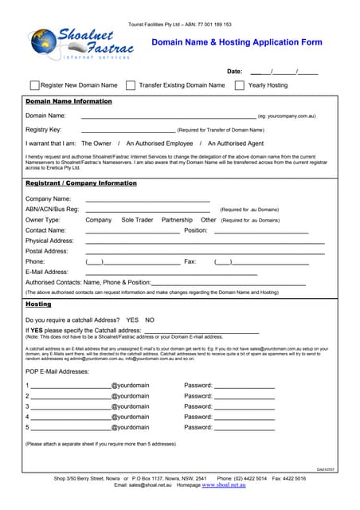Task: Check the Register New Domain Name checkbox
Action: pos(34,85)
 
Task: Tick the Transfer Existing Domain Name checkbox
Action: pos(131,85)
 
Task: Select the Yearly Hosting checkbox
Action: pos(239,85)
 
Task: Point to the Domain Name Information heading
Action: pos(69,102)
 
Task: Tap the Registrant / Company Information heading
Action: pos(81,183)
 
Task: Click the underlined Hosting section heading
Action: pos(38,304)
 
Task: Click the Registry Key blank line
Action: pos(127,130)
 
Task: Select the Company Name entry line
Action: pos(147,200)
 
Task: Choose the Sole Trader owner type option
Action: pos(137,220)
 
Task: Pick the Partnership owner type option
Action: pos(177,220)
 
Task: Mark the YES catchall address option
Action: pos(132,320)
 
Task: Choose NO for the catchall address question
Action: pos(150,320)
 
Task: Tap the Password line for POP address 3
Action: pos(245,407)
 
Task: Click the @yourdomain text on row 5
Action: pos(130,427)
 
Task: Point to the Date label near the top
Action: pos(234,72)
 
